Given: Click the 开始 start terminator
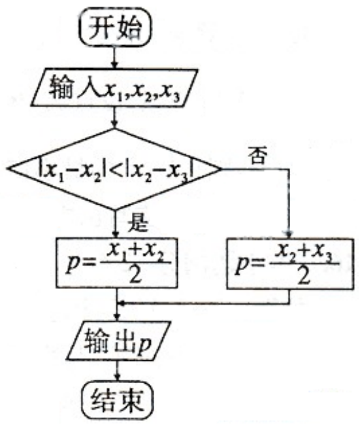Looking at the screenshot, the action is pos(116,27).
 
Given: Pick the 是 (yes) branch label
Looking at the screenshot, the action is pos(138,223).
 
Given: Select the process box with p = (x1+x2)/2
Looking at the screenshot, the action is pos(117,263).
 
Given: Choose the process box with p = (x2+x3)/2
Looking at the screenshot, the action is pos(290,263).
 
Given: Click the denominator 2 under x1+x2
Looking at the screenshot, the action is pos(135,275).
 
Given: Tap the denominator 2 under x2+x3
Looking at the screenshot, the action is pos(303,275).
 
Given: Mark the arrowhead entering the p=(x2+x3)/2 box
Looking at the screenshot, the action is pos(289,234).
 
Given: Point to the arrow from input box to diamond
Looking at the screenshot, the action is pos(115,118).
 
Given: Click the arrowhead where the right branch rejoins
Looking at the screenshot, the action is pos(122,303).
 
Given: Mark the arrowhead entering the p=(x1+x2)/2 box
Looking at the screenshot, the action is pos(116,233).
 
